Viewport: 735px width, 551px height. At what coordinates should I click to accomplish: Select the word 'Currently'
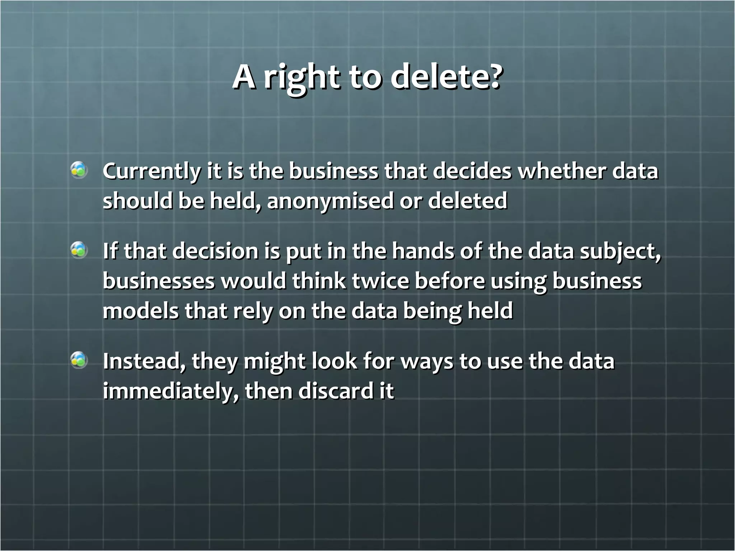tap(151, 171)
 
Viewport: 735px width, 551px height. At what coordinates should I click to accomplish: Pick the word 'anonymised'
tap(330, 201)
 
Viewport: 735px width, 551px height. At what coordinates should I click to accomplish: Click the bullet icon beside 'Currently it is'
tap(79, 170)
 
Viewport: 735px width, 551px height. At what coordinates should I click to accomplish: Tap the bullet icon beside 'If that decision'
tap(79, 250)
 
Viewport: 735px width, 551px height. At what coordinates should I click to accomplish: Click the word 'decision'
tap(215, 251)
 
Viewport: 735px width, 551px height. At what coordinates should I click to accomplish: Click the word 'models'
tap(140, 310)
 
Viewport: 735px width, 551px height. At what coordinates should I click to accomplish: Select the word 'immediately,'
tap(171, 391)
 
